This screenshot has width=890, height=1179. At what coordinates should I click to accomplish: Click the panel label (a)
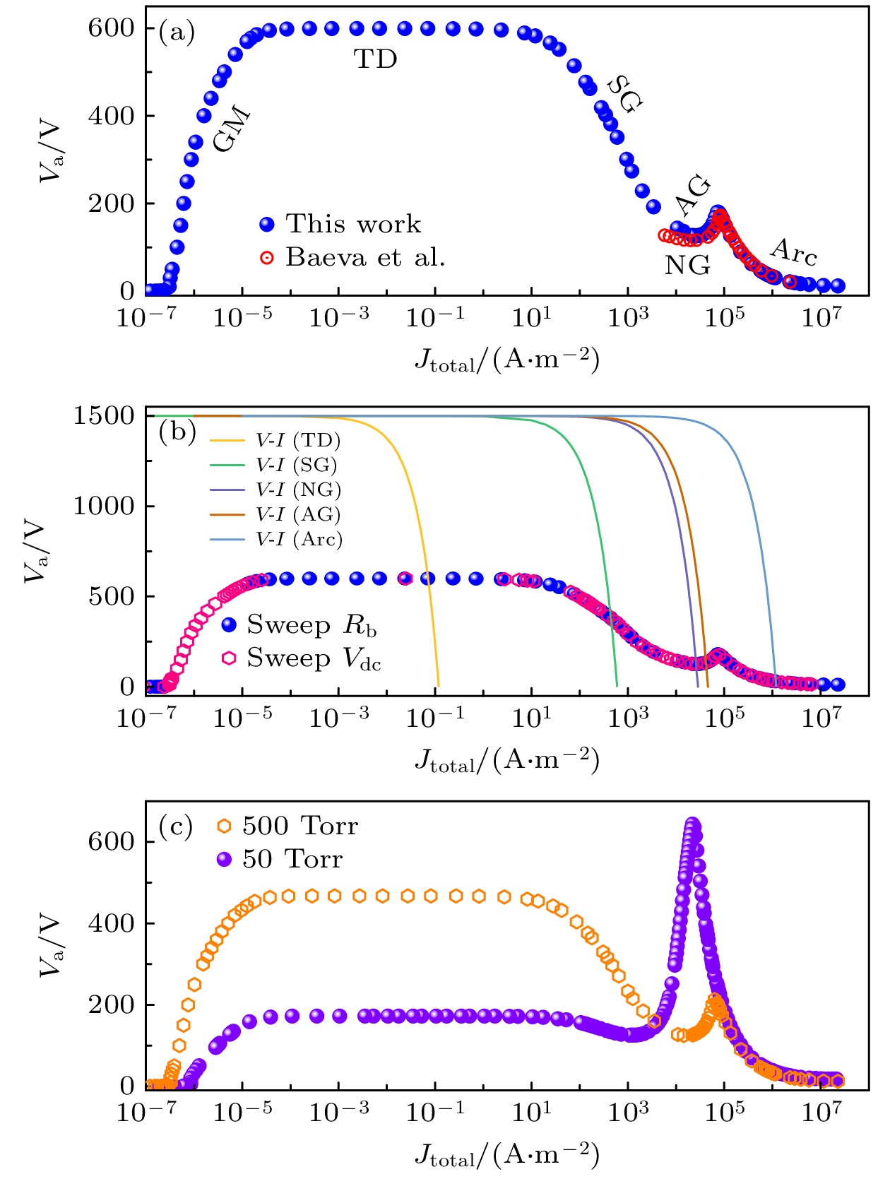pos(177,32)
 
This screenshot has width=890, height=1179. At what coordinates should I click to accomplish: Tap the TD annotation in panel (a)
pos(375,60)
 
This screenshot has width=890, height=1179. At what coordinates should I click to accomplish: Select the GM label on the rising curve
pos(232,129)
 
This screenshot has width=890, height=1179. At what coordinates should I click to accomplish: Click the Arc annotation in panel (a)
pos(794,251)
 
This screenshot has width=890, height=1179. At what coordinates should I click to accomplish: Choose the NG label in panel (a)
pos(687,266)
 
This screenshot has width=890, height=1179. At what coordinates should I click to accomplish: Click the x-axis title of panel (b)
pos(506,760)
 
